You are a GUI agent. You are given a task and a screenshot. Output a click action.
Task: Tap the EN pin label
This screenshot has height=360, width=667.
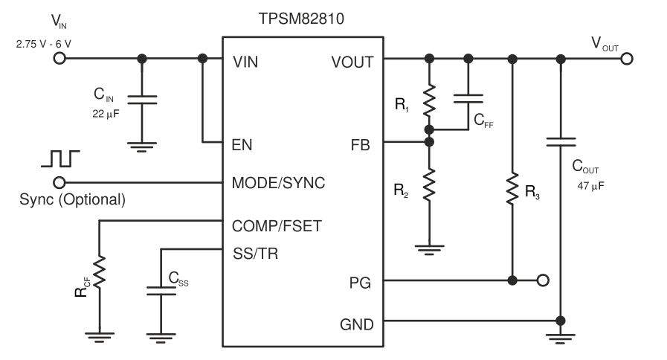click(x=242, y=144)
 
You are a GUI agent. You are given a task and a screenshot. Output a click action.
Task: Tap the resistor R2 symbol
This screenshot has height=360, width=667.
click(x=428, y=184)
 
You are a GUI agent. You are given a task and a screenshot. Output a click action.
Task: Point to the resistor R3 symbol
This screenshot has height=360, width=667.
click(x=512, y=190)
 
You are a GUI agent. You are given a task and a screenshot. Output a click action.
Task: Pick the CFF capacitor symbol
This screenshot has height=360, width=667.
click(x=468, y=97)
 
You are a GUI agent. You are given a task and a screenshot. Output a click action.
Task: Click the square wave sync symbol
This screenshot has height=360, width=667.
click(x=60, y=158)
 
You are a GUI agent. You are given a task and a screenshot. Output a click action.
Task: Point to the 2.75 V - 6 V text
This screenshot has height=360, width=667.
click(x=43, y=44)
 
